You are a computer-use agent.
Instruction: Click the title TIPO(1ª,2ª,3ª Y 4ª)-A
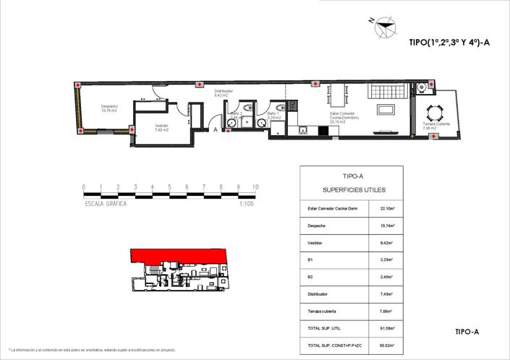[x=449, y=43]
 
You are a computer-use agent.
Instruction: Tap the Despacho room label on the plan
[x=109, y=108]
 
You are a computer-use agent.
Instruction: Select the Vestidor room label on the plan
[x=161, y=128]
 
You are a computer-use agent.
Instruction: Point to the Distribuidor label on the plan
[x=223, y=93]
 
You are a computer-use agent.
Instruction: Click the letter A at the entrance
[x=215, y=129]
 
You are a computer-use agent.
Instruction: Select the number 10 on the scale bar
[x=255, y=187]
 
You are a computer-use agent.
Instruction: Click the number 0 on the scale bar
[x=84, y=187]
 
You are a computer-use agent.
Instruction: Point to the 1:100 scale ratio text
[x=247, y=205]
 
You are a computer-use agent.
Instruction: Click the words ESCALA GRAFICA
[x=106, y=205]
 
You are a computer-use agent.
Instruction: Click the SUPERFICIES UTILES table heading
[x=354, y=189]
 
